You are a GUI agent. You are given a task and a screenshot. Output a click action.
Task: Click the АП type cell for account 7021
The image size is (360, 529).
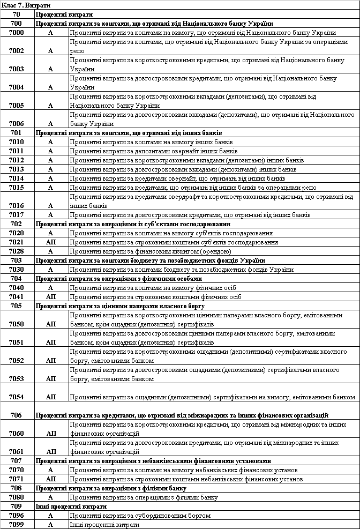tap(51, 242)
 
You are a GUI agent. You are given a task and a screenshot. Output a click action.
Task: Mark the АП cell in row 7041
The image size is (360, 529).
tap(51, 296)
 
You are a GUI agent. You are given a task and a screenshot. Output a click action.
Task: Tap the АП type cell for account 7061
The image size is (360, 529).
tap(51, 452)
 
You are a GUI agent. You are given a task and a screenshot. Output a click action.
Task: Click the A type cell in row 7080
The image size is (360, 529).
tap(51, 497)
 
